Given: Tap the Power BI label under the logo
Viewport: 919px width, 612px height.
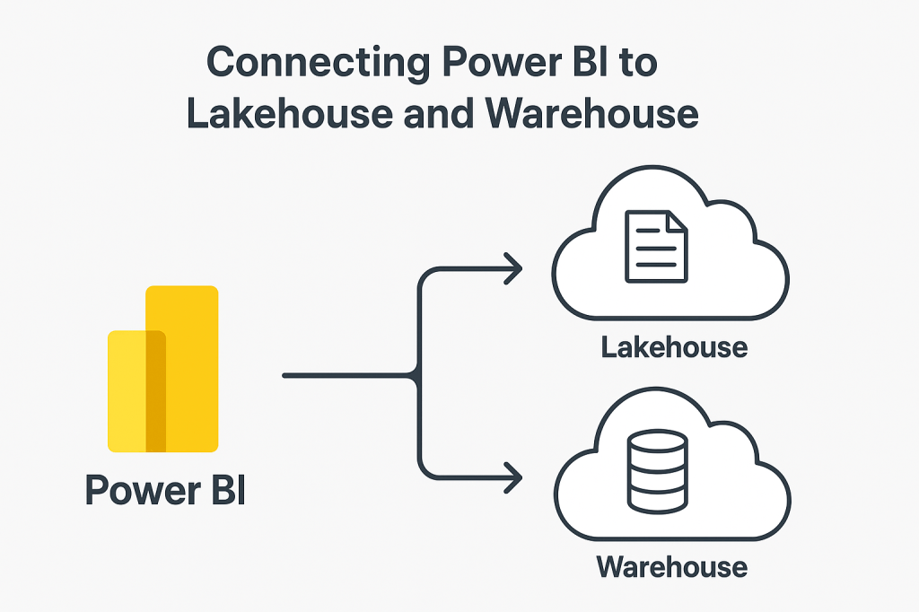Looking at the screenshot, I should click(x=165, y=491).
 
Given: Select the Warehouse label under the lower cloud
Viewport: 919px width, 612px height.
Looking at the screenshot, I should click(x=672, y=567).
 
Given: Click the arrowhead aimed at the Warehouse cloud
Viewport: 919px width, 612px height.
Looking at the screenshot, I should click(x=513, y=477).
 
